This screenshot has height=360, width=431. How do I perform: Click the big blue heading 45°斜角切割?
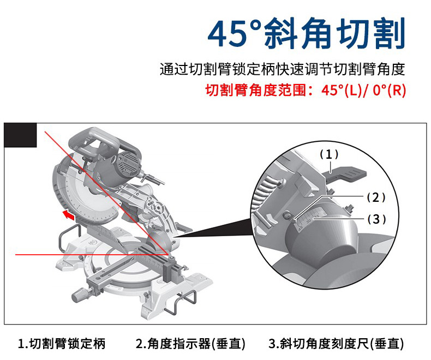(306, 33)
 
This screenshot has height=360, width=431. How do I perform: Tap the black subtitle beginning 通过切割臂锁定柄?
(282, 69)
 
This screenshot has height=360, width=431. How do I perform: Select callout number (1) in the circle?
(329, 154)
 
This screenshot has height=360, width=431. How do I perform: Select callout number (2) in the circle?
(376, 197)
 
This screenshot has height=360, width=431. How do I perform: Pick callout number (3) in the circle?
(376, 219)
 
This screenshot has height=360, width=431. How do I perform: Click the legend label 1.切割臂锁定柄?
(62, 344)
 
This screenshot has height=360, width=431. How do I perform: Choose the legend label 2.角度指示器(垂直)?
(190, 344)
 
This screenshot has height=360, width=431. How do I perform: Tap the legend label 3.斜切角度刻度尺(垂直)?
(336, 344)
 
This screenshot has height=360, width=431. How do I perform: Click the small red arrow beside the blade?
(68, 214)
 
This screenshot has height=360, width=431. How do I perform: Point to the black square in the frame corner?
(20, 135)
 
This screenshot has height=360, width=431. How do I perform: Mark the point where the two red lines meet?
(169, 255)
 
